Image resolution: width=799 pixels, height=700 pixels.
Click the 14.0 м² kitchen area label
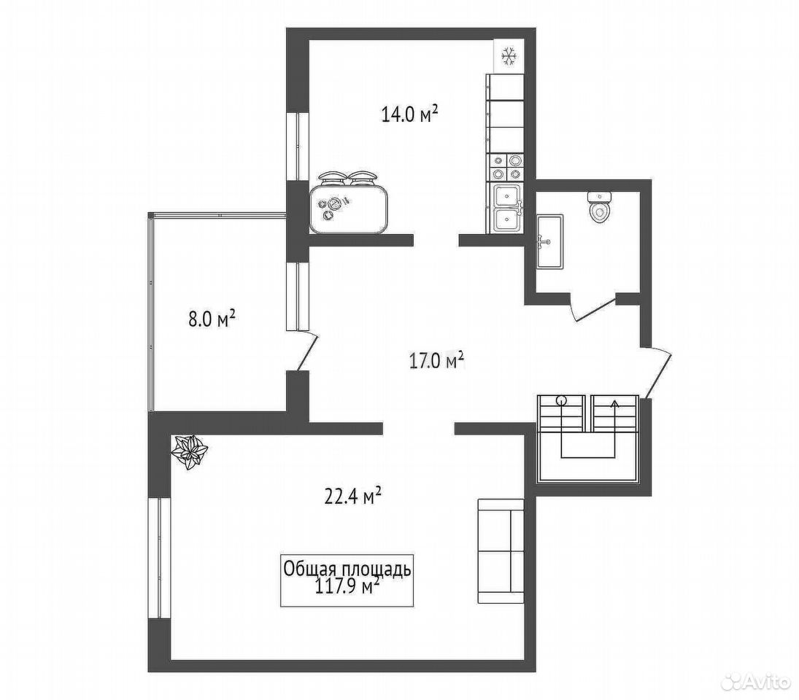coord(410,114)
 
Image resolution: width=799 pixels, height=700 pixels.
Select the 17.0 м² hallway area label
coord(436,360)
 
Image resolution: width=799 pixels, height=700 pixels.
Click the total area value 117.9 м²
coord(348,587)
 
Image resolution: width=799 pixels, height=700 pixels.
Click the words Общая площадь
coord(347,569)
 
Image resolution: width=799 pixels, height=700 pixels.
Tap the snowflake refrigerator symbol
coord(509,55)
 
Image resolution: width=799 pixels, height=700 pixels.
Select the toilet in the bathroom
coord(599,206)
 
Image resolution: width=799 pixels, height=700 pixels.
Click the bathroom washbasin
coord(550,241)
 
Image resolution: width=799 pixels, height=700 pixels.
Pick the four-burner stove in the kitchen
coord(506,168)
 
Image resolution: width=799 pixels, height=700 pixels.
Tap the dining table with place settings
coord(349,203)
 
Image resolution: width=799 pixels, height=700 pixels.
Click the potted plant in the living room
coord(190,453)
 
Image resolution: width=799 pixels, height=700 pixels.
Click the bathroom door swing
coord(595,308)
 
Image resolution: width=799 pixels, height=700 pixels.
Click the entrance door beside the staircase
coord(658,372)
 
